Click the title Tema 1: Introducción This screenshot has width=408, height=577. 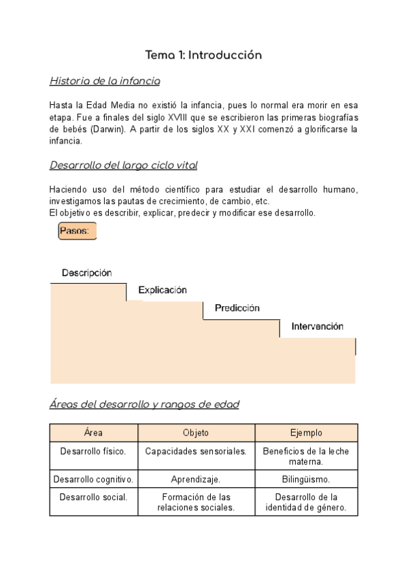click(203, 55)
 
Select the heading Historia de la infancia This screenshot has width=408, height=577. click(105, 82)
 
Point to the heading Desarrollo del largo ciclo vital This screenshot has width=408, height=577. click(124, 165)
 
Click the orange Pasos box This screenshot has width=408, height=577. click(78, 231)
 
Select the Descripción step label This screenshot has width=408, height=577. click(87, 273)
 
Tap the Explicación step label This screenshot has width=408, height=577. click(163, 290)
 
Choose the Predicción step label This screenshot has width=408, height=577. click(237, 308)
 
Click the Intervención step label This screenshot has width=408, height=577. click(318, 327)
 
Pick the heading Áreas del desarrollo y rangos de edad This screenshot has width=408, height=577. click(144, 404)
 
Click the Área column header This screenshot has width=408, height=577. click(94, 433)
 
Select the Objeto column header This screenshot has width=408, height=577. click(196, 433)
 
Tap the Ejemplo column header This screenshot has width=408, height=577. click(306, 433)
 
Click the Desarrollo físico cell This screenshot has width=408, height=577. click(94, 451)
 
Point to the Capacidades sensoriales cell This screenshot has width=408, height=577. click(196, 451)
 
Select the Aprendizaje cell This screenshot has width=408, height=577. click(196, 479)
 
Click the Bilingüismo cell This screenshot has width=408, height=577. click(306, 479)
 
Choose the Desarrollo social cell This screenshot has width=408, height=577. click(94, 497)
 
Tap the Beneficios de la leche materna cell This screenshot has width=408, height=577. click(306, 457)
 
